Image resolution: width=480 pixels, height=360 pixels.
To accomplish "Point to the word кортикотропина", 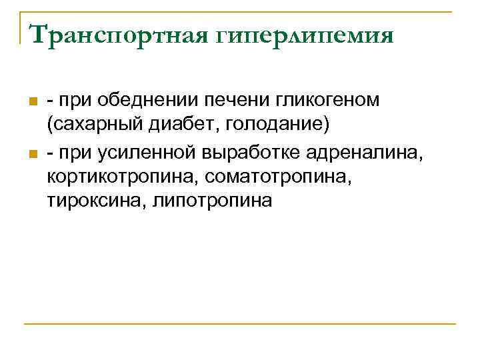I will (x=121, y=177).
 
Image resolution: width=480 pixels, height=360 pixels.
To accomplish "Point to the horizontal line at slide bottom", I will (x=240, y=325).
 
